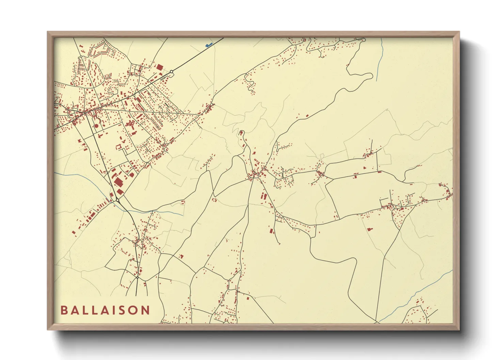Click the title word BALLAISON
point(105,310)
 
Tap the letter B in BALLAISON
point(64,310)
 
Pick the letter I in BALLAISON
point(115,310)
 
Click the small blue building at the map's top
point(208,45)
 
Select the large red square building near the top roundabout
point(159,67)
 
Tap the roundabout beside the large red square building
point(172,71)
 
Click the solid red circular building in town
point(96,126)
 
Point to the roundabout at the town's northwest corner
point(80,57)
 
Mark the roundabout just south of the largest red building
point(117,200)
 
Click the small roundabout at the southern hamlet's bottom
point(137,277)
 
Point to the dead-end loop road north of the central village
point(241,132)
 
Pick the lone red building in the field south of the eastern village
point(369,229)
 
